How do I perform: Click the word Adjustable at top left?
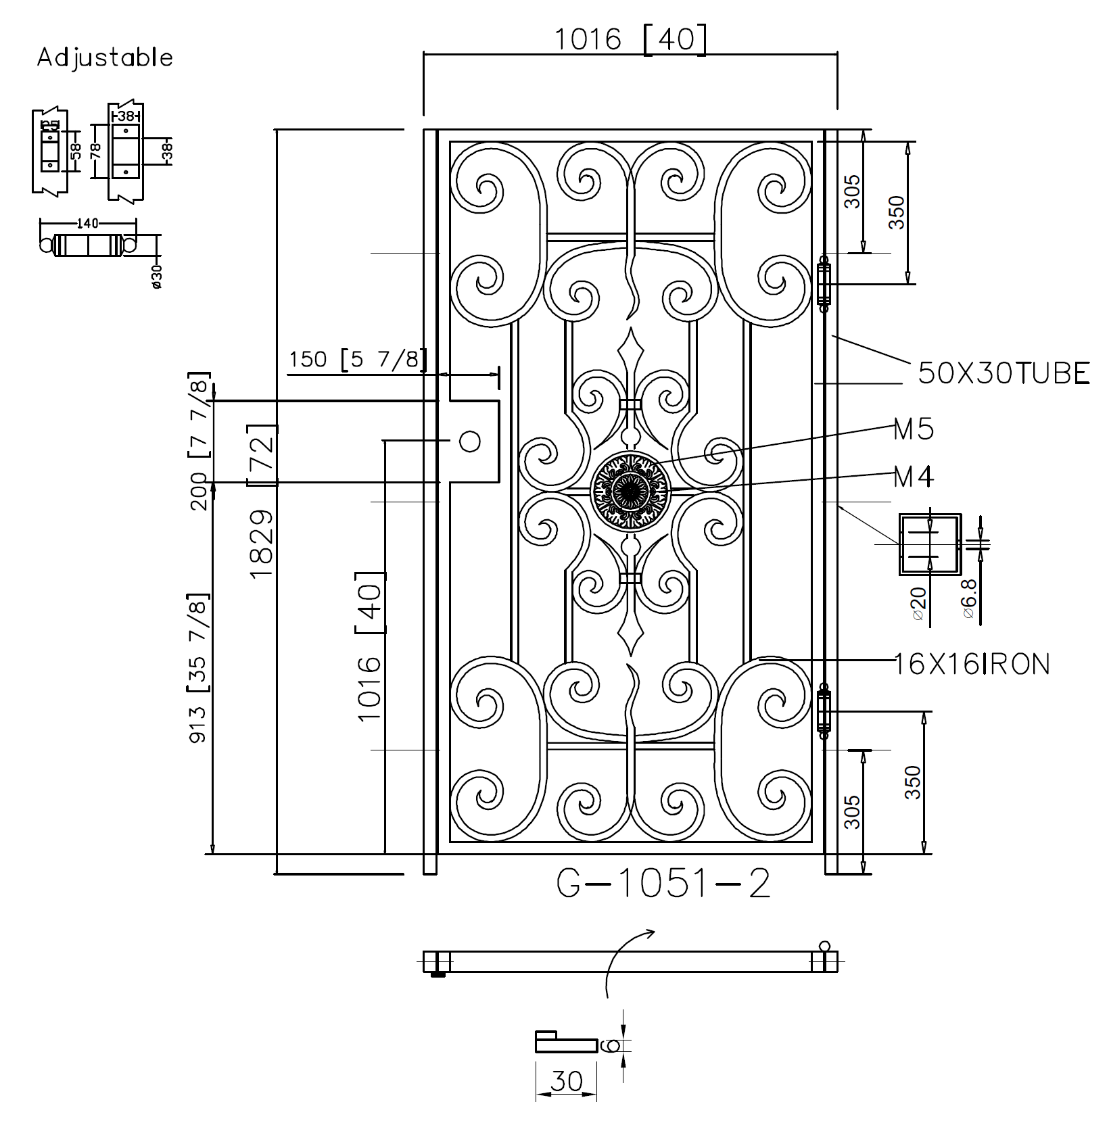(105, 57)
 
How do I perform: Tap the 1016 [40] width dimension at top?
(630, 39)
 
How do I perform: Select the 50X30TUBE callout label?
(1004, 373)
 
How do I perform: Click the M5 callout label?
(913, 429)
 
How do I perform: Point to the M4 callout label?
(913, 477)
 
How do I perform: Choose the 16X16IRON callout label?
(972, 665)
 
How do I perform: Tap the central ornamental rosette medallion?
(630, 488)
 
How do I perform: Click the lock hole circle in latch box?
(469, 441)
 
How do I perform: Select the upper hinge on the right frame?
(824, 283)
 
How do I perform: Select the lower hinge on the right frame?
(824, 711)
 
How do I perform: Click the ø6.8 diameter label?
(969, 598)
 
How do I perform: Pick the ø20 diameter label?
(918, 603)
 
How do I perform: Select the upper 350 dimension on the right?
(896, 212)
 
